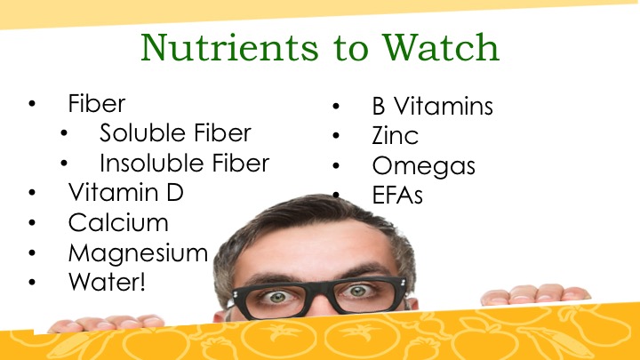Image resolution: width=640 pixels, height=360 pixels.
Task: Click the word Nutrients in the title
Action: [229, 48]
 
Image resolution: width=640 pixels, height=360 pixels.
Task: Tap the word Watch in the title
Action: [440, 47]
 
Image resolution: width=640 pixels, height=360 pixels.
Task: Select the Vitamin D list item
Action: [125, 192]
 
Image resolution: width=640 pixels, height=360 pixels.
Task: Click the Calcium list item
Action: [118, 222]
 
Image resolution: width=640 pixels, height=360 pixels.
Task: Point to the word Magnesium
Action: [138, 253]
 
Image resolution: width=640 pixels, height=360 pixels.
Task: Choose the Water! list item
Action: [107, 282]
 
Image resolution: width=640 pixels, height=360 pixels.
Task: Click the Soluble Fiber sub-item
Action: [175, 133]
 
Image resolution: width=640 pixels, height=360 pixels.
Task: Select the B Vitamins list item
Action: [432, 106]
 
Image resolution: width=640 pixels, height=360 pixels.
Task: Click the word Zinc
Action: [395, 135]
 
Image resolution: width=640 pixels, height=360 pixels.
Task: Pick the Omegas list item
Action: [424, 166]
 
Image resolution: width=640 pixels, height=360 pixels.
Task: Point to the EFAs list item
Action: [397, 195]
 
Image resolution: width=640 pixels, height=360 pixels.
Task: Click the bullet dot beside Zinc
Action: [336, 135]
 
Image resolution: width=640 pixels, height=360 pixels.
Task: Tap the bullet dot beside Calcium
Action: [32, 222]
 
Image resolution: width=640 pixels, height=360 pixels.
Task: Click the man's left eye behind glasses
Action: [358, 291]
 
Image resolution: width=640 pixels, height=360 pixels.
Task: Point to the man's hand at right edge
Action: [535, 295]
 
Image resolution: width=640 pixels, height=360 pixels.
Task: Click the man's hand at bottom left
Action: [106, 323]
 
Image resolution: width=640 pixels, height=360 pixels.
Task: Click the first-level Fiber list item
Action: [97, 104]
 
